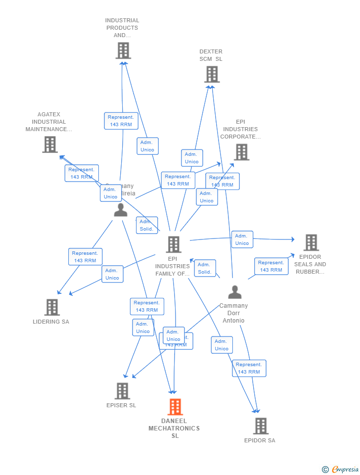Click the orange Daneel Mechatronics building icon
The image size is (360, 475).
click(175, 407)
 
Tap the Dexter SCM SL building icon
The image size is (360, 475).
click(212, 74)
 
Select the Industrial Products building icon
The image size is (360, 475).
click(123, 50)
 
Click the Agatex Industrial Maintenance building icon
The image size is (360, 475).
click(49, 144)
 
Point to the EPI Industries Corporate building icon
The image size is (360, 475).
click(241, 152)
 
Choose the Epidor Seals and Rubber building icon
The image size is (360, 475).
click(311, 242)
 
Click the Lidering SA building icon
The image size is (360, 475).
click(51, 307)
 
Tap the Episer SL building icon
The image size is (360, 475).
click(122, 391)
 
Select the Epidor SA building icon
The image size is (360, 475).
click(260, 426)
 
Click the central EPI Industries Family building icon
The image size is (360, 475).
click(173, 244)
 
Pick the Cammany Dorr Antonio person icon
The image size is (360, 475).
click(234, 292)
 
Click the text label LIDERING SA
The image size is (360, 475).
click(51, 322)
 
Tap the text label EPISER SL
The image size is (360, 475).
click(121, 405)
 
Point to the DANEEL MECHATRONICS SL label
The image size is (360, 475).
click(175, 428)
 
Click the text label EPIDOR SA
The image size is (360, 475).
click(260, 440)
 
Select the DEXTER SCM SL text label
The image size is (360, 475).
click(211, 55)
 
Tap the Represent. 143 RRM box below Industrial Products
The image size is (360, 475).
click(121, 121)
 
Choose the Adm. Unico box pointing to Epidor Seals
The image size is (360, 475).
click(242, 239)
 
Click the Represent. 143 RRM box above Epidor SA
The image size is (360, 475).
click(249, 368)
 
